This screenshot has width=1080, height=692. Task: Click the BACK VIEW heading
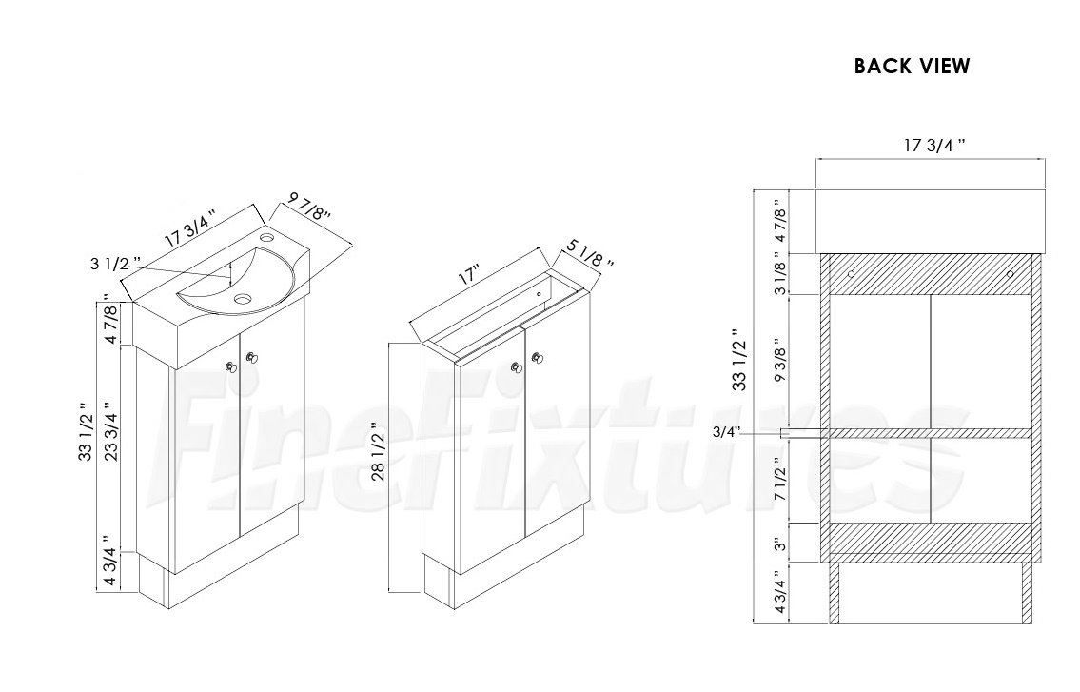(x=912, y=67)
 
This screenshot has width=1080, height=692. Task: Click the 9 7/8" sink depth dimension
(x=309, y=207)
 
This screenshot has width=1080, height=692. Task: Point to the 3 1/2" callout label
(x=115, y=264)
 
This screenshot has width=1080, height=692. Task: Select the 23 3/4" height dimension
(x=111, y=432)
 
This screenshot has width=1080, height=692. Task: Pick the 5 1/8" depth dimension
(x=590, y=253)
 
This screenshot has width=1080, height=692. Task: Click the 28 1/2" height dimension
(x=379, y=451)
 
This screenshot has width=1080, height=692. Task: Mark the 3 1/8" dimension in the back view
(x=780, y=273)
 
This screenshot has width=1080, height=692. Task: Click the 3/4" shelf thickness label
(x=726, y=432)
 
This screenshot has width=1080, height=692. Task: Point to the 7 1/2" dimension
(x=780, y=479)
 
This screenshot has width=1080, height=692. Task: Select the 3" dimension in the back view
(x=780, y=544)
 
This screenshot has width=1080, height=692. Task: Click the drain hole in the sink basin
(x=241, y=299)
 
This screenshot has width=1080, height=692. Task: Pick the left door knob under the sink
(x=230, y=366)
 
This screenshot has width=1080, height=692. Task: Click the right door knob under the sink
(x=251, y=357)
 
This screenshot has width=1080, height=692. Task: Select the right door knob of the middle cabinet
(x=538, y=357)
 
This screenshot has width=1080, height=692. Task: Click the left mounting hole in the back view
(x=851, y=274)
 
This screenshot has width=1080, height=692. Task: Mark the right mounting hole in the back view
(x=1010, y=274)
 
